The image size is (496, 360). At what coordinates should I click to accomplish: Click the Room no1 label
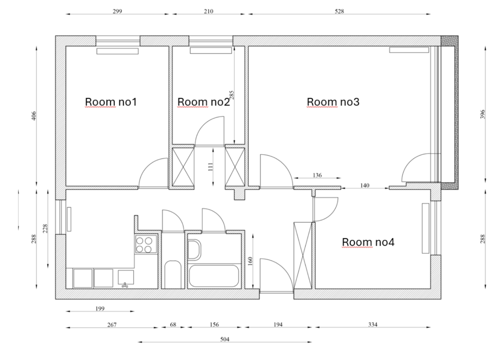click(111, 102)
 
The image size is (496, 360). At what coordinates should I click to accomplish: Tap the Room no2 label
click(204, 102)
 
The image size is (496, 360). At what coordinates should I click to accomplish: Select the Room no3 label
click(333, 102)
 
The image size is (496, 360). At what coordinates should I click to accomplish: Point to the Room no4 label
click(368, 242)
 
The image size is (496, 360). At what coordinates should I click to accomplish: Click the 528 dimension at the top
click(339, 11)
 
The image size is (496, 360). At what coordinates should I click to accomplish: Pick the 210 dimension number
click(208, 11)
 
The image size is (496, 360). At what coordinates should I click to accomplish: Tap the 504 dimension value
click(225, 339)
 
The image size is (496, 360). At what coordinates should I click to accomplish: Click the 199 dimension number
click(100, 308)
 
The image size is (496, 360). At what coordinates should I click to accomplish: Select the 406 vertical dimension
click(34, 116)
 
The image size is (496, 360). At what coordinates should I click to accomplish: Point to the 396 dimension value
click(483, 114)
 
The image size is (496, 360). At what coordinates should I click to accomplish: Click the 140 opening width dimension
click(365, 185)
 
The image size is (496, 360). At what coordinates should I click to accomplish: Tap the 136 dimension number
click(317, 175)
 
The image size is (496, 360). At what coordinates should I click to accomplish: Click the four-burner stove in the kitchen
click(146, 244)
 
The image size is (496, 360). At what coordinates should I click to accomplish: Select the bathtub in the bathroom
click(214, 276)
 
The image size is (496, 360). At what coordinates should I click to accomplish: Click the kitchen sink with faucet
click(126, 278)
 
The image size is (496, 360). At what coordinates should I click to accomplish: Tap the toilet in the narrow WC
click(173, 274)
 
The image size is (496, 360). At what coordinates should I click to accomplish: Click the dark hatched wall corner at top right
click(449, 41)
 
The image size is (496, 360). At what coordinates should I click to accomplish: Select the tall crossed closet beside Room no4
click(303, 256)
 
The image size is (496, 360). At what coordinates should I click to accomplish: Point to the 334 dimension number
click(373, 325)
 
